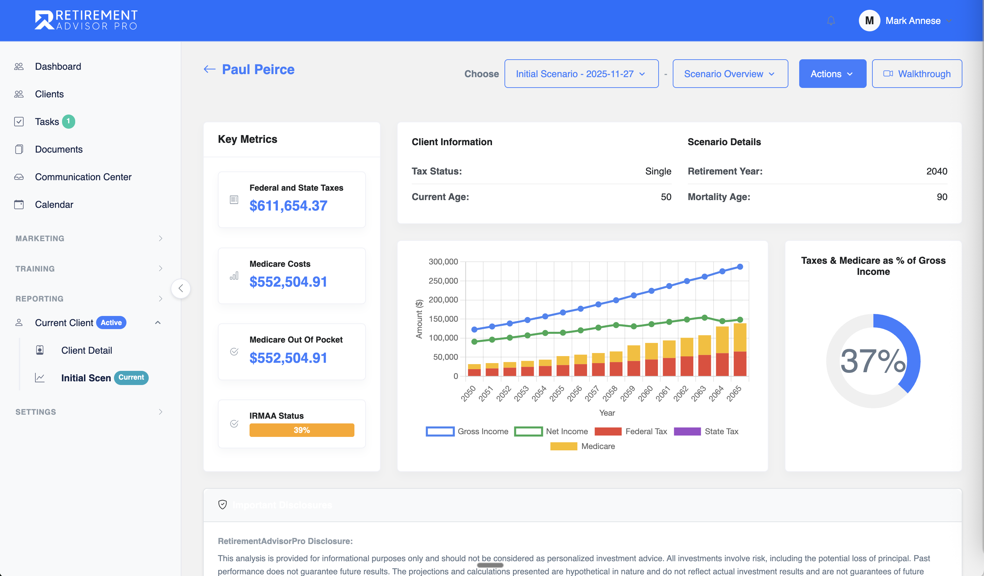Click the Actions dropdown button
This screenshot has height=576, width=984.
coord(832,74)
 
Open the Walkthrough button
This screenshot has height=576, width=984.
coord(917,74)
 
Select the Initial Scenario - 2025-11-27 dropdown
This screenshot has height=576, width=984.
coord(581,74)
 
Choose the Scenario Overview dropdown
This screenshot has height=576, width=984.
coord(730,74)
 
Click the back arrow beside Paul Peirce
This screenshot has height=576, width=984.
coord(210,69)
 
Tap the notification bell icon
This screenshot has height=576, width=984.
coord(831,21)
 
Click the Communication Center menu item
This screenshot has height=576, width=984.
coord(83,177)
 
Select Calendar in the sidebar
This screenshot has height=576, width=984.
coord(54,205)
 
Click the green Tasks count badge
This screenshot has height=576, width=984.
coord(68,121)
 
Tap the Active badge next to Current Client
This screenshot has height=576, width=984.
coord(111,322)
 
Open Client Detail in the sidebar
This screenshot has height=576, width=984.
coord(86,350)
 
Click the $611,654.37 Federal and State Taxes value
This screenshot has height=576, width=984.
coord(288,205)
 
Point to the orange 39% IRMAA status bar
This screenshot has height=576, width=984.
coord(301,430)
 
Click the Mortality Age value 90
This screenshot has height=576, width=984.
coord(942,197)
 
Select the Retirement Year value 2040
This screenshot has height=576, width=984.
coord(936,171)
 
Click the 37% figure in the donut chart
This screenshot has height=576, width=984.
coord(873,361)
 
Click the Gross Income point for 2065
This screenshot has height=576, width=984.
coord(740,267)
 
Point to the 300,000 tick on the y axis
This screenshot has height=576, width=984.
coord(443,262)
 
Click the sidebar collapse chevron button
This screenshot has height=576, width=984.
coord(181,289)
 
